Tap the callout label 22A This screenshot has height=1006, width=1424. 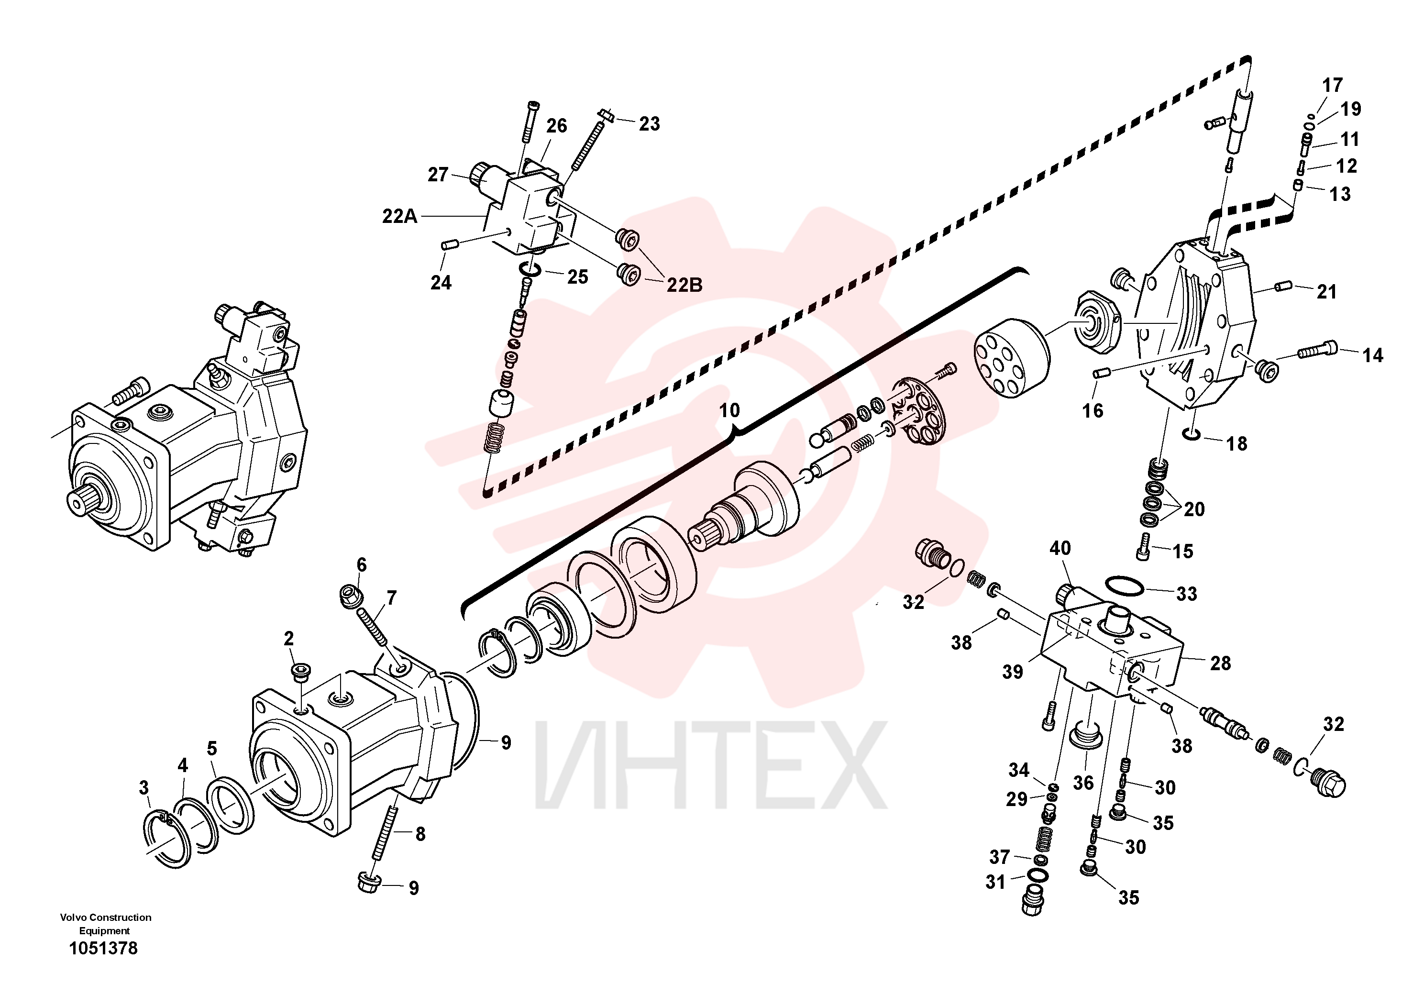click(x=399, y=216)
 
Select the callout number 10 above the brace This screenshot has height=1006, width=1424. click(x=729, y=410)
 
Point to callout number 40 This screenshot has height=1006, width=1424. click(x=1060, y=548)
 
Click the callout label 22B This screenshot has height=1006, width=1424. click(x=684, y=285)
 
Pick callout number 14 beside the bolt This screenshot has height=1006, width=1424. click(x=1372, y=355)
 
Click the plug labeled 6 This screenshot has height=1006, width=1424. click(x=351, y=596)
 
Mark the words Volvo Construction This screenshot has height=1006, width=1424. click(x=105, y=918)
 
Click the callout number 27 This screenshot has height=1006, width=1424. click(x=438, y=175)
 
